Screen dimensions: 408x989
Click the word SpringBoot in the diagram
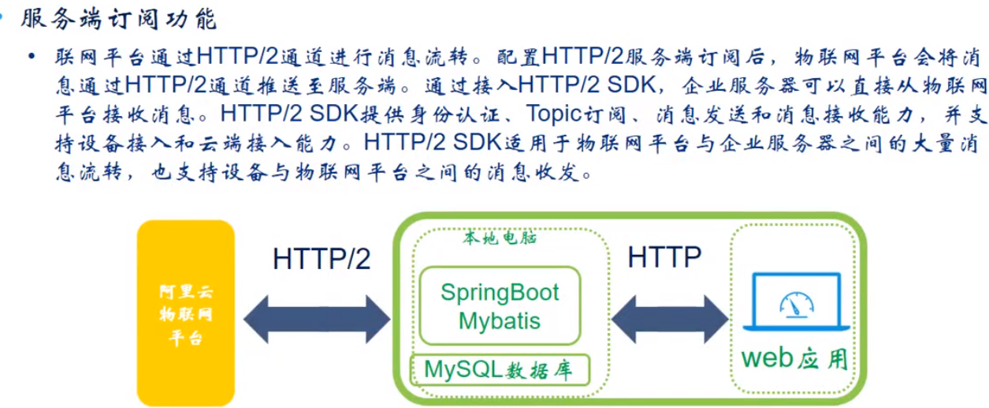(x=500, y=293)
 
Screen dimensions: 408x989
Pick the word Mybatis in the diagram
(x=500, y=320)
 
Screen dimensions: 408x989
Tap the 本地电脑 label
(x=500, y=238)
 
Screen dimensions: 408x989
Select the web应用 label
(x=795, y=359)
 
